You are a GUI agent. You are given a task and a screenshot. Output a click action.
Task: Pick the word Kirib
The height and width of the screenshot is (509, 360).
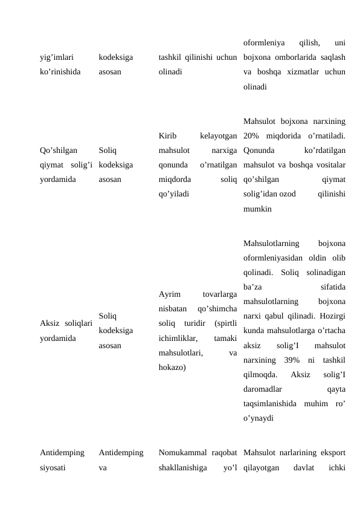tap(167, 135)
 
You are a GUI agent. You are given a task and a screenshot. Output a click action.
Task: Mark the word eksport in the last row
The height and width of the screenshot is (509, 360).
tap(332, 452)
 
